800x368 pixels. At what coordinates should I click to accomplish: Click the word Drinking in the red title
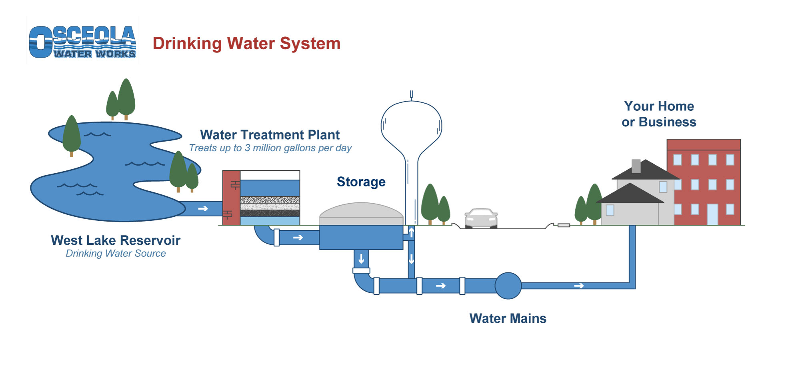tap(187, 43)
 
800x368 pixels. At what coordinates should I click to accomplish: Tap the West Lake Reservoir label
tap(116, 240)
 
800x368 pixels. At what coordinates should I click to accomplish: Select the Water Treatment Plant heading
tap(270, 135)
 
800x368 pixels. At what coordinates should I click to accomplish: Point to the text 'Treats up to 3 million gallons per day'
tap(270, 148)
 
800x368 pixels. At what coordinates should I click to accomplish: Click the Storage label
tap(361, 182)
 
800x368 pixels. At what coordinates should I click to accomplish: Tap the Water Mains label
tap(508, 318)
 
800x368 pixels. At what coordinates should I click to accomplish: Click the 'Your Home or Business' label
tap(659, 114)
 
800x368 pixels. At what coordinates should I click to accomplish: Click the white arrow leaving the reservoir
tap(203, 209)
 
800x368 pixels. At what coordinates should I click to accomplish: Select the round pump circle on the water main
tap(508, 286)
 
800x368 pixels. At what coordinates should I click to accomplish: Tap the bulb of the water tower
tap(411, 124)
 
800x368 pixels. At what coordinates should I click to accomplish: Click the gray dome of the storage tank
tap(361, 212)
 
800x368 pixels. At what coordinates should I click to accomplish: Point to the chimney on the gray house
tap(636, 166)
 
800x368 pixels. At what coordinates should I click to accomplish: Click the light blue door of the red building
tap(712, 214)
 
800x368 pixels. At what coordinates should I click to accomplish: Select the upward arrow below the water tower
tap(411, 232)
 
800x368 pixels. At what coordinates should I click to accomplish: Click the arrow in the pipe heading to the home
tap(579, 286)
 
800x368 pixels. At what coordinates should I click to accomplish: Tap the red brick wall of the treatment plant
tap(231, 198)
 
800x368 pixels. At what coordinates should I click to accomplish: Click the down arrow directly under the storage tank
tap(361, 259)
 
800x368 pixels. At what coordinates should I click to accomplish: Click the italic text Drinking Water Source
tap(116, 254)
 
